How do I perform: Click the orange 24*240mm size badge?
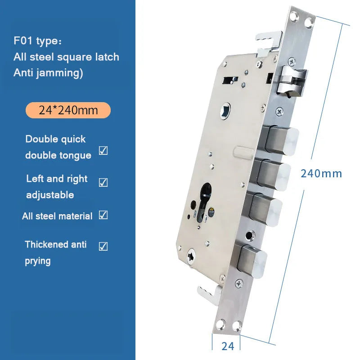tap(68, 110)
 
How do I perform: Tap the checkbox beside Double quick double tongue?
tap(103, 151)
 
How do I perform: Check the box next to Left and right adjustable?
tap(103, 183)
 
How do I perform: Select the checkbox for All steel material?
tap(103, 215)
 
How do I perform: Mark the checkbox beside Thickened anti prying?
tap(103, 246)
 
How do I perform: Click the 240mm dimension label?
tap(321, 174)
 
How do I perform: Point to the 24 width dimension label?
tap(228, 346)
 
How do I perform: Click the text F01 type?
tap(37, 41)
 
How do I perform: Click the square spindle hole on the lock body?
tap(225, 111)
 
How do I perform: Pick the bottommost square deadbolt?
tap(252, 261)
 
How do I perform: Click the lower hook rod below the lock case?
tap(209, 296)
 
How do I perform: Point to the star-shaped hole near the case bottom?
tap(191, 256)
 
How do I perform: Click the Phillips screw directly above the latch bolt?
tap(292, 61)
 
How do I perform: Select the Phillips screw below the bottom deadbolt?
tap(239, 284)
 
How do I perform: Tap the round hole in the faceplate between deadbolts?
tap(250, 235)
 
